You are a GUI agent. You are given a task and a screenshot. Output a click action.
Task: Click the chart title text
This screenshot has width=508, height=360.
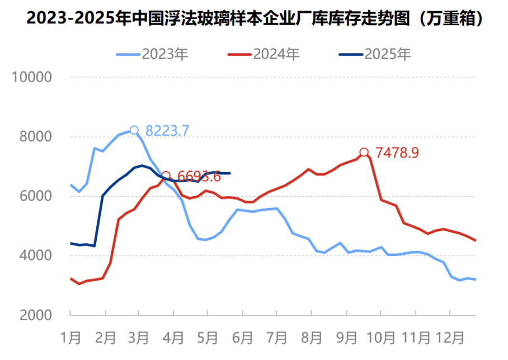[254, 18]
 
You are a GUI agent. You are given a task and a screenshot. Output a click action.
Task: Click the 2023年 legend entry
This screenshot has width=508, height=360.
[153, 54]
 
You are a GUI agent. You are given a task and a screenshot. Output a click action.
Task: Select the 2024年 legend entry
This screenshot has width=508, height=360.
[264, 54]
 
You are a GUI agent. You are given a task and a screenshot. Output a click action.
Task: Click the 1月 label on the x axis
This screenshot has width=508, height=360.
[71, 338]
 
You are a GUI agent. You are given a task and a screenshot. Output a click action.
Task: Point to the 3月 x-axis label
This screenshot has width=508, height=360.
[139, 338]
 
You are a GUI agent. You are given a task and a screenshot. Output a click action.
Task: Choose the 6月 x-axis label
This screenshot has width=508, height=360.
[243, 338]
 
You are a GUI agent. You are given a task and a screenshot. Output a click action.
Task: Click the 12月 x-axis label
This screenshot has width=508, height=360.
[450, 338]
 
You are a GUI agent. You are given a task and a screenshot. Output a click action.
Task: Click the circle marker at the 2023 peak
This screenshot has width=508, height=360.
[134, 130]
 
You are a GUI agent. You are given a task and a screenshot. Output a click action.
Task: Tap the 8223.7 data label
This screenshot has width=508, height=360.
[167, 131]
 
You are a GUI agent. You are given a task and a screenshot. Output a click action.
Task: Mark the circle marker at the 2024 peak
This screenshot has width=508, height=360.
[364, 152]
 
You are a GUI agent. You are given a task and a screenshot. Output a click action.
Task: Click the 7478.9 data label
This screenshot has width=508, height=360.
[397, 153]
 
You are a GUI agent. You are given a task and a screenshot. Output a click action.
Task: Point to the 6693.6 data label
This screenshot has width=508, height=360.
[199, 177]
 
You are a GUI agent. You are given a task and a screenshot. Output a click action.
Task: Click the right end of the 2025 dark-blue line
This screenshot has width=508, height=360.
[230, 173]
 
